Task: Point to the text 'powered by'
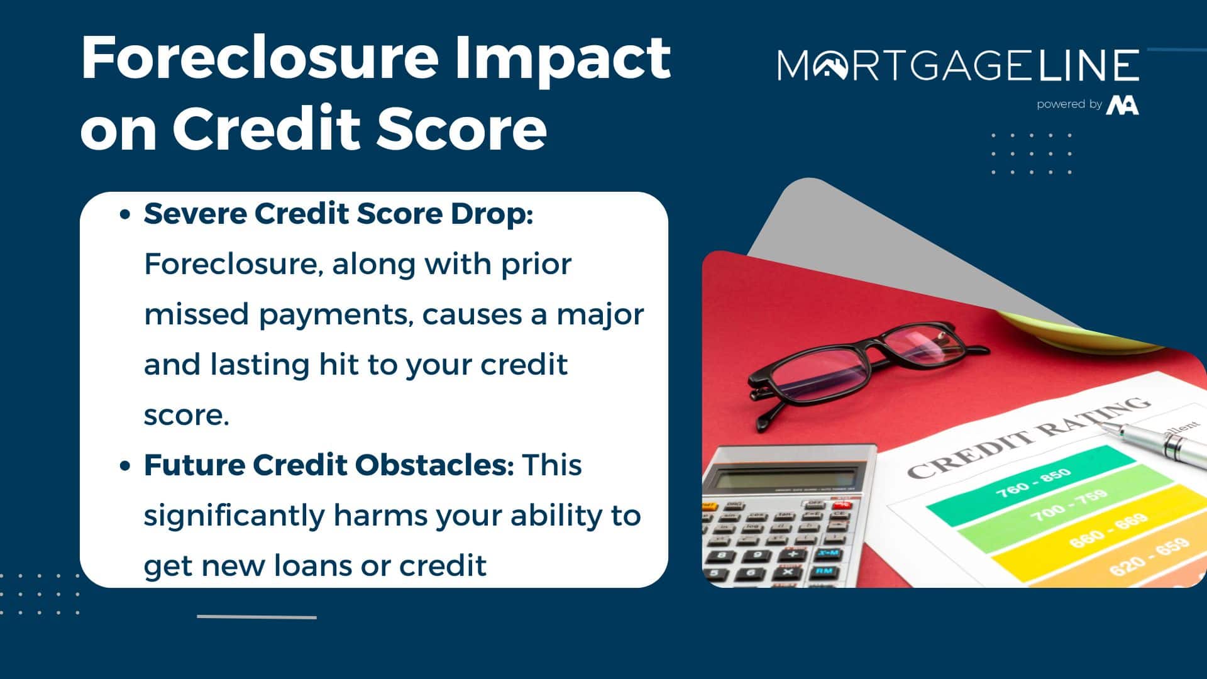pos(1069,104)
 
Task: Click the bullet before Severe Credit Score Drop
pos(125,214)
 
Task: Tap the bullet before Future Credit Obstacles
pos(125,466)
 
